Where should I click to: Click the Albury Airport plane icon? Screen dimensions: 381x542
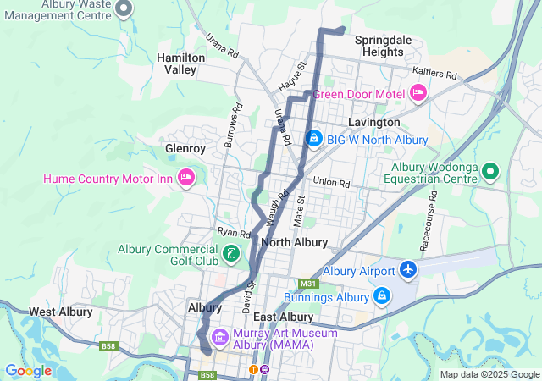tap(409, 270)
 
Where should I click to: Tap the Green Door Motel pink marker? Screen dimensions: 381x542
tap(418, 92)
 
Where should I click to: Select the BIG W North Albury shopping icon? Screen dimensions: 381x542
tap(313, 137)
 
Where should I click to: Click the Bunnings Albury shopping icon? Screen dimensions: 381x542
tap(382, 295)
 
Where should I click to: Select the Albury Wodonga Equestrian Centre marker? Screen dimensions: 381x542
tap(489, 172)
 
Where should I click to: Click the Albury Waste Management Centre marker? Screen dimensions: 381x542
tap(124, 9)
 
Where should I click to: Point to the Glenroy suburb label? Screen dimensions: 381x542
tap(185, 148)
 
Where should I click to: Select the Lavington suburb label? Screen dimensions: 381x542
tap(373, 122)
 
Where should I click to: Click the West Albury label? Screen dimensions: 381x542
tap(60, 312)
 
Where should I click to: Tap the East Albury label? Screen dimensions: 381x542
tap(284, 317)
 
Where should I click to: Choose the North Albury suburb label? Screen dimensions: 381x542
tap(295, 242)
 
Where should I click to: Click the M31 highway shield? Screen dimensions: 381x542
tap(307, 284)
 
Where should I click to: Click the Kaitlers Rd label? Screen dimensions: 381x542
tap(434, 73)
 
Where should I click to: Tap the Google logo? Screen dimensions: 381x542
tap(28, 371)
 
